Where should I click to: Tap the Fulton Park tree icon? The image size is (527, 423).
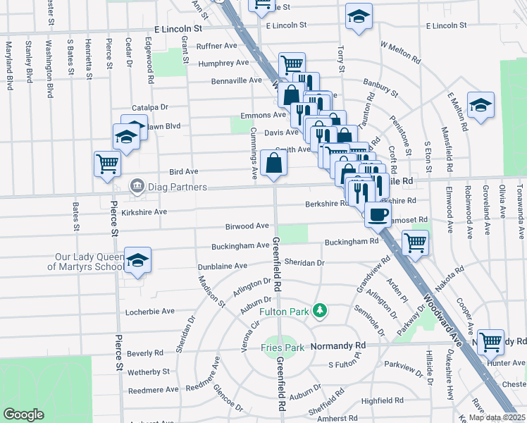tap(320, 310)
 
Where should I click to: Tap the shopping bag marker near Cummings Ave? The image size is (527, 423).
tap(273, 164)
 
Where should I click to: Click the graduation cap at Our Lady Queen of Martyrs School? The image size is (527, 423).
tap(138, 260)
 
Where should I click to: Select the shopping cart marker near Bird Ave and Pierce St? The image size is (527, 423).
tap(108, 164)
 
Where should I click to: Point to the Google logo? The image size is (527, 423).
tap(23, 415)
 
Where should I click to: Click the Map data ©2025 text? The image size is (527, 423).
tap(497, 417)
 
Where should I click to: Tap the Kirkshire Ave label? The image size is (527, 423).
tap(143, 211)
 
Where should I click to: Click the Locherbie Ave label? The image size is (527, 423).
tap(149, 311)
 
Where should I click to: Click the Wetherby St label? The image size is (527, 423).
tap(149, 371)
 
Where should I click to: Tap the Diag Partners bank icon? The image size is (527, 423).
tap(137, 187)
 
